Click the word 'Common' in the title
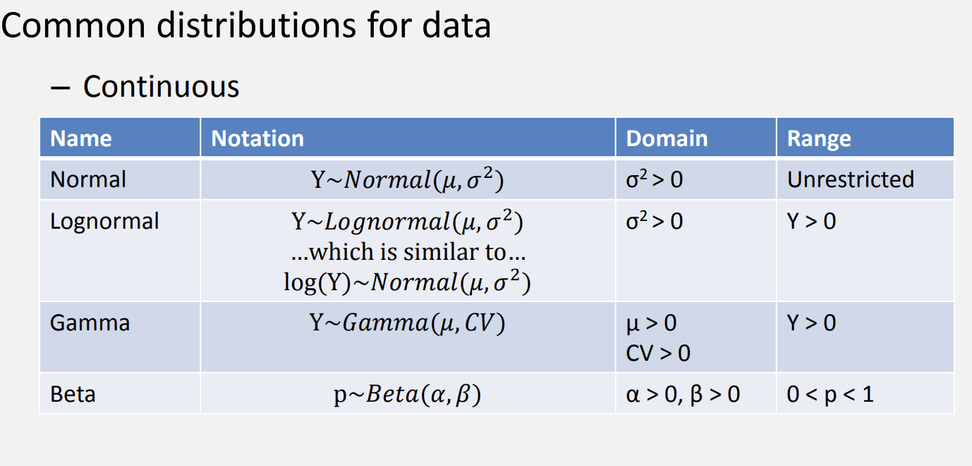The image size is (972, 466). click(73, 25)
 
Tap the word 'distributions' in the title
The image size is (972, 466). click(257, 25)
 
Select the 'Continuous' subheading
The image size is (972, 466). click(161, 86)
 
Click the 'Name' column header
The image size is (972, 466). click(80, 138)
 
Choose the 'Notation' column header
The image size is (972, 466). click(257, 138)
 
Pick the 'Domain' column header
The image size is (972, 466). click(667, 138)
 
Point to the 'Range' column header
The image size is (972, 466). click(819, 139)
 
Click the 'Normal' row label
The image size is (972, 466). click(88, 179)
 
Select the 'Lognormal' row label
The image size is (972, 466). click(104, 221)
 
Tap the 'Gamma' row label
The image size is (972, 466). click(90, 323)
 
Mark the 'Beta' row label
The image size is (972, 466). click(73, 395)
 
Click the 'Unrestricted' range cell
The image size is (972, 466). click(851, 179)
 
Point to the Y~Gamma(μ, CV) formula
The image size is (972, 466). click(407, 323)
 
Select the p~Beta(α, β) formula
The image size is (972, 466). click(407, 395)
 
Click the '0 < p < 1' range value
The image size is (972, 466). click(830, 395)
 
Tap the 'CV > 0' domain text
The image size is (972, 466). click(658, 353)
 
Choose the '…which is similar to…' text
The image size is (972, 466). click(408, 252)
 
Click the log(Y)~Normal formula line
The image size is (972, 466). click(407, 282)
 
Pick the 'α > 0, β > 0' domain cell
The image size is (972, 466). click(683, 395)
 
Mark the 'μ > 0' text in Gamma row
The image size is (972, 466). click(651, 323)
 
